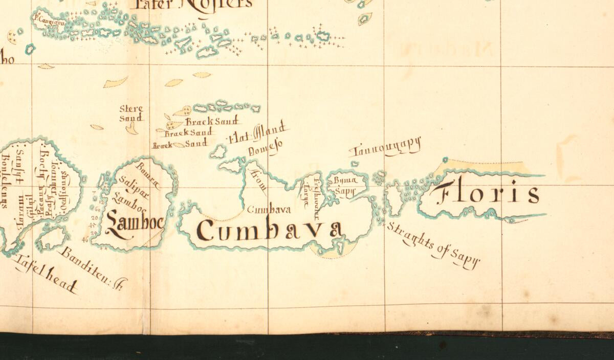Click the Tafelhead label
[x=46, y=274]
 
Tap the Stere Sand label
[x=131, y=113]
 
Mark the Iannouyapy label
[x=386, y=147]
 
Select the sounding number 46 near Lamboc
[x=85, y=239]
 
